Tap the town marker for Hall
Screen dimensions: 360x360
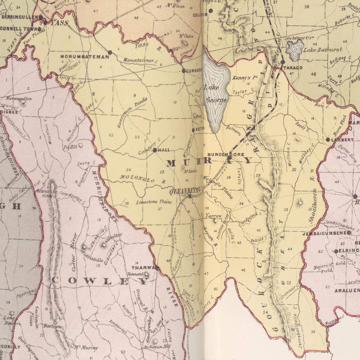point(155,150)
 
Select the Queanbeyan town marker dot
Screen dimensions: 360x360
point(190,196)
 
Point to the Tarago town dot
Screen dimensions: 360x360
point(283,62)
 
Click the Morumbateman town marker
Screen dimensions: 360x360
point(110,52)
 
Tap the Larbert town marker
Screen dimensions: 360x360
point(328,140)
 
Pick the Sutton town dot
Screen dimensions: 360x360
point(193,130)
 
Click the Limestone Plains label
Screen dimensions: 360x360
point(154,202)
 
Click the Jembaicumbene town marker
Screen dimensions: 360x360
point(349,233)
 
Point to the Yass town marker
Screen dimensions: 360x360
point(45,22)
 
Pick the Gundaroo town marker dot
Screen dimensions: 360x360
point(184,71)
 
